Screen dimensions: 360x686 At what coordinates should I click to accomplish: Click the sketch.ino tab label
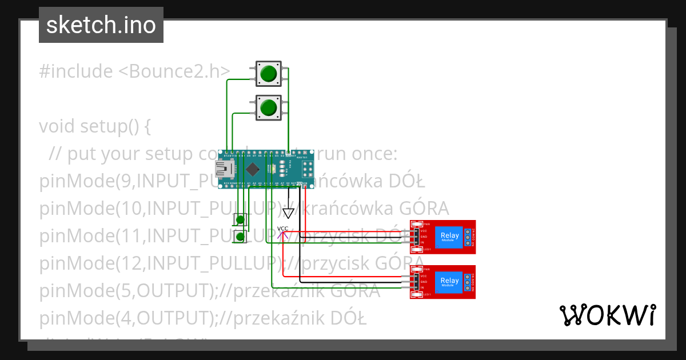tap(101, 25)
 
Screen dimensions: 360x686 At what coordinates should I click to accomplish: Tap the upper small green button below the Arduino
tap(241, 219)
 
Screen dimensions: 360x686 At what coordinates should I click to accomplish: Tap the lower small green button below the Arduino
tap(241, 237)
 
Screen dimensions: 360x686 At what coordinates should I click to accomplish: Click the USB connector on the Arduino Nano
tap(221, 169)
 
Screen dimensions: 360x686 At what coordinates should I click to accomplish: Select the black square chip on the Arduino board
tap(252, 169)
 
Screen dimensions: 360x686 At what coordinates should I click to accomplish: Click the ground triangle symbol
tap(289, 213)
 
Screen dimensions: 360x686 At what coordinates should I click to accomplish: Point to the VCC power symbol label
tap(283, 229)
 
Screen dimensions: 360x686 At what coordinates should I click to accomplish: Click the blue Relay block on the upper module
tap(449, 237)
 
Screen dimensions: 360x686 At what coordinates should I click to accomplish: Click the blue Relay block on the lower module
tap(449, 281)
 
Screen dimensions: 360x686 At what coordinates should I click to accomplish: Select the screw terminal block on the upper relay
tap(468, 237)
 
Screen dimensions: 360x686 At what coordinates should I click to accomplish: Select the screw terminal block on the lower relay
tap(468, 281)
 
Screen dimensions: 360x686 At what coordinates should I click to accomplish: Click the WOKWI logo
tap(607, 315)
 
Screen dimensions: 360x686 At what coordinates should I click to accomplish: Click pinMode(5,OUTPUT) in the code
tap(125, 290)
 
